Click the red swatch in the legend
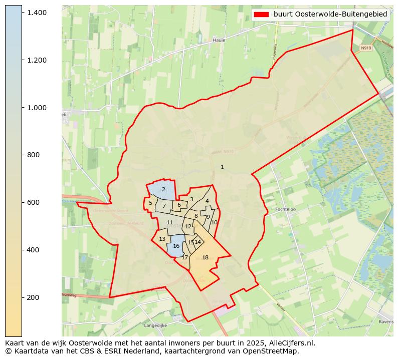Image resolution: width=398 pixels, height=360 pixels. [x=261, y=15]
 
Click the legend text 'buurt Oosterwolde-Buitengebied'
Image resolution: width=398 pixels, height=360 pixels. [x=330, y=15]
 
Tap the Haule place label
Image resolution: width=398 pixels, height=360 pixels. [x=219, y=40]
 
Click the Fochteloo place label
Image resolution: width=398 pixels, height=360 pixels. [x=286, y=209]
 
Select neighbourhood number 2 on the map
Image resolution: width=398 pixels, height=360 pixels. [x=163, y=189]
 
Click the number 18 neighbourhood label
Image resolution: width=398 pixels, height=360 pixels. [x=205, y=257]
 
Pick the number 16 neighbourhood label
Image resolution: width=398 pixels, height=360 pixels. [x=176, y=246]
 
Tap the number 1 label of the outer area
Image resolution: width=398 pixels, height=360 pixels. [x=222, y=167]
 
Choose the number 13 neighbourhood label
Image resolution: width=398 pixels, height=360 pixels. [x=162, y=239]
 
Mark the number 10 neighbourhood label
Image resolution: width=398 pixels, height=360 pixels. [x=214, y=222]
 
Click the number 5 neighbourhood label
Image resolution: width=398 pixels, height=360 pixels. [x=150, y=203]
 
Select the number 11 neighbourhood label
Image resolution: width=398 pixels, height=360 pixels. [x=169, y=222]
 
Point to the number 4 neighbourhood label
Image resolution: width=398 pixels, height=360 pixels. [x=207, y=201]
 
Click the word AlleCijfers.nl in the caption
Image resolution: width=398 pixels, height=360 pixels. [x=292, y=343]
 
